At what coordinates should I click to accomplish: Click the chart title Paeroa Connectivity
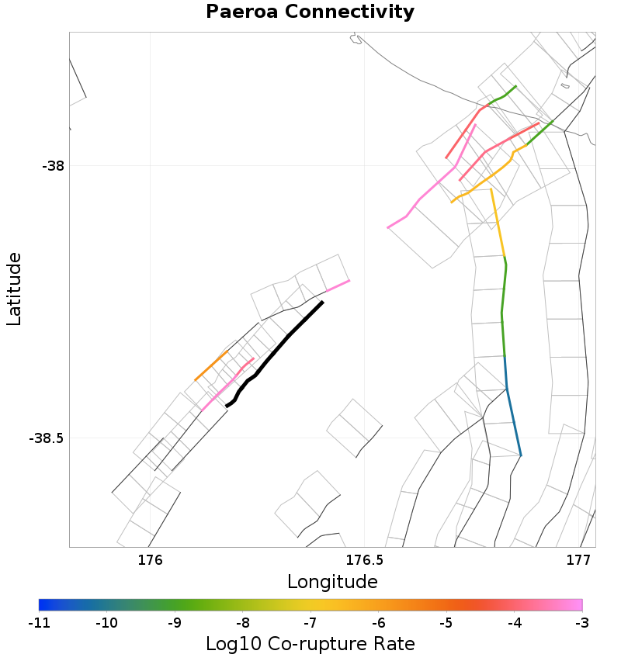310,12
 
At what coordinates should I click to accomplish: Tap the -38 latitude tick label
54,165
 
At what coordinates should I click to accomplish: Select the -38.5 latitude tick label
48,438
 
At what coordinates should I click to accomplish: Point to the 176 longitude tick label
149,559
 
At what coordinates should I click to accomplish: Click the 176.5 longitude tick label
364,559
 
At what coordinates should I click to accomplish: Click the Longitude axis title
332,581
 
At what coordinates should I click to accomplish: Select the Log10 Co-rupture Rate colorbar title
310,643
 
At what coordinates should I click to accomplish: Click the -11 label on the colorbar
39,622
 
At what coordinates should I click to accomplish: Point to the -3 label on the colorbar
582,622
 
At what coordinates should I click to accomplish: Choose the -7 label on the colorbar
310,622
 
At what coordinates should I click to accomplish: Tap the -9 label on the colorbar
175,622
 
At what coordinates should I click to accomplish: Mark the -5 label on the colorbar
446,622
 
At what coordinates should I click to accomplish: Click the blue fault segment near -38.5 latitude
512,411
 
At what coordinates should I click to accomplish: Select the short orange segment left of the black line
211,365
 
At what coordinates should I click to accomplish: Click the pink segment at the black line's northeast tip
337,286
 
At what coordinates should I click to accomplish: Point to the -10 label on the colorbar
106,622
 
